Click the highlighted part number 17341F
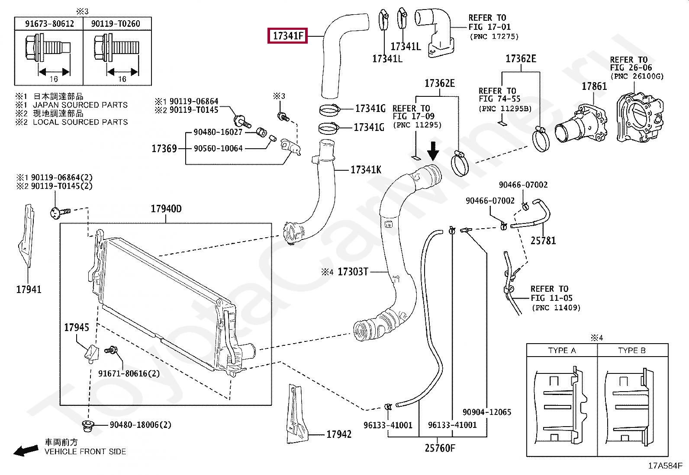[288, 35]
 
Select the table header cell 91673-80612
[49, 24]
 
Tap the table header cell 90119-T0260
[116, 24]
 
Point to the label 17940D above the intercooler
[166, 209]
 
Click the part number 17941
[29, 289]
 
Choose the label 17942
[338, 434]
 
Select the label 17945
[77, 327]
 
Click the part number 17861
[594, 86]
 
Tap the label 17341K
[366, 169]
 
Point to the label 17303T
[353, 271]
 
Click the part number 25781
[543, 241]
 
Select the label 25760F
[440, 448]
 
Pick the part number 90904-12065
[487, 412]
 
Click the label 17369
[164, 149]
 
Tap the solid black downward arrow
[433, 151]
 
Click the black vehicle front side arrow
[26, 450]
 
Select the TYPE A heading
[562, 350]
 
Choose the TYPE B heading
[632, 350]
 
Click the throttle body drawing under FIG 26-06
[640, 118]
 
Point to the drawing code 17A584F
[665, 465]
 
